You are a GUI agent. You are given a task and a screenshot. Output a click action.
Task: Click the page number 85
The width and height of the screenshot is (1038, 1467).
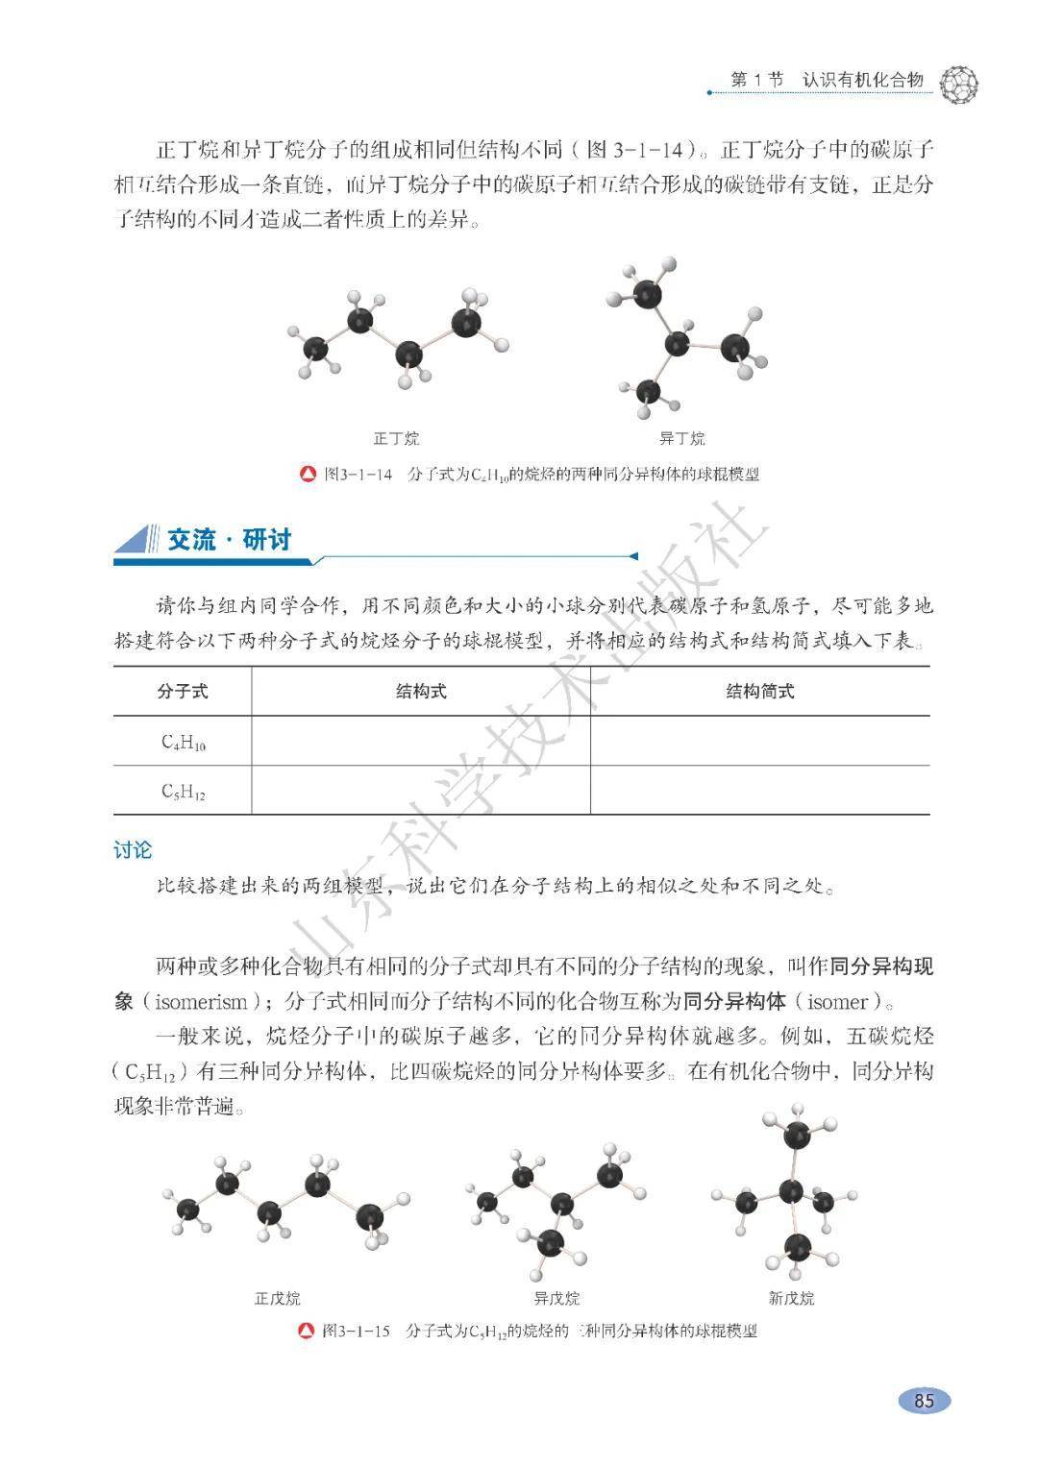[924, 1400]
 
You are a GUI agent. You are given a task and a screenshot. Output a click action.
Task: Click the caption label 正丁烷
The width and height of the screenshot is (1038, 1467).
[397, 439]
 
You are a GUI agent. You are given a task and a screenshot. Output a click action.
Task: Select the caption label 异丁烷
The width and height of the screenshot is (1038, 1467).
[681, 439]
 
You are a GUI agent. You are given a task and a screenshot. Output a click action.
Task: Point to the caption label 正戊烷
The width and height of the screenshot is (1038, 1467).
[277, 1298]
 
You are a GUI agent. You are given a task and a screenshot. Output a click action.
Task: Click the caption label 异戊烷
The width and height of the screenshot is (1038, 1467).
[556, 1298]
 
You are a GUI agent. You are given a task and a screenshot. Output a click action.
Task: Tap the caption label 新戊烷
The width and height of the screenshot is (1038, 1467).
[791, 1298]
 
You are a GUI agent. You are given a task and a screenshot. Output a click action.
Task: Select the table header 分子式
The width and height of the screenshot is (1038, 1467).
[182, 692]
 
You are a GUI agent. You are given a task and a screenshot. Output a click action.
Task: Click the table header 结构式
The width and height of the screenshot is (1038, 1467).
[421, 692]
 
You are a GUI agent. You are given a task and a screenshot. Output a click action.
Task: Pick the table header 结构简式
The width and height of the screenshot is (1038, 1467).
[759, 692]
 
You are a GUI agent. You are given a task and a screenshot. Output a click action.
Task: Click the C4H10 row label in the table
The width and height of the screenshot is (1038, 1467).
[183, 742]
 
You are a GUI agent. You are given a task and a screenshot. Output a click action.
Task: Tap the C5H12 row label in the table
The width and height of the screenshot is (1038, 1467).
[183, 792]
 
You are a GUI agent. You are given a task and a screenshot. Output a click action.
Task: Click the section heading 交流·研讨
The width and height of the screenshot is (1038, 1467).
[229, 540]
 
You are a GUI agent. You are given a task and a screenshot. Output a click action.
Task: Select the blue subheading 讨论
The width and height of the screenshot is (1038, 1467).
[133, 850]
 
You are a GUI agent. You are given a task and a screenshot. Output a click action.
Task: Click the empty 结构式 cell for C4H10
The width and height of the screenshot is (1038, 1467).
[421, 742]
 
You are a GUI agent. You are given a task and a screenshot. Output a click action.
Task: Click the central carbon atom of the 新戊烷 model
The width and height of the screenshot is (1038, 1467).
[791, 1192]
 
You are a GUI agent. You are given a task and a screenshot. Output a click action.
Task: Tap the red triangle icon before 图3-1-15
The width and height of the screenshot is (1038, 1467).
[306, 1332]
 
